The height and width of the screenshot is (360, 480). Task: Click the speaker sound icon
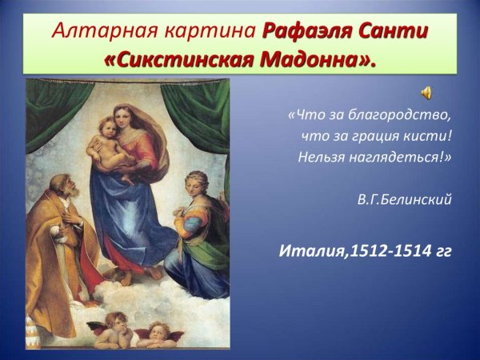tap(427, 92)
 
